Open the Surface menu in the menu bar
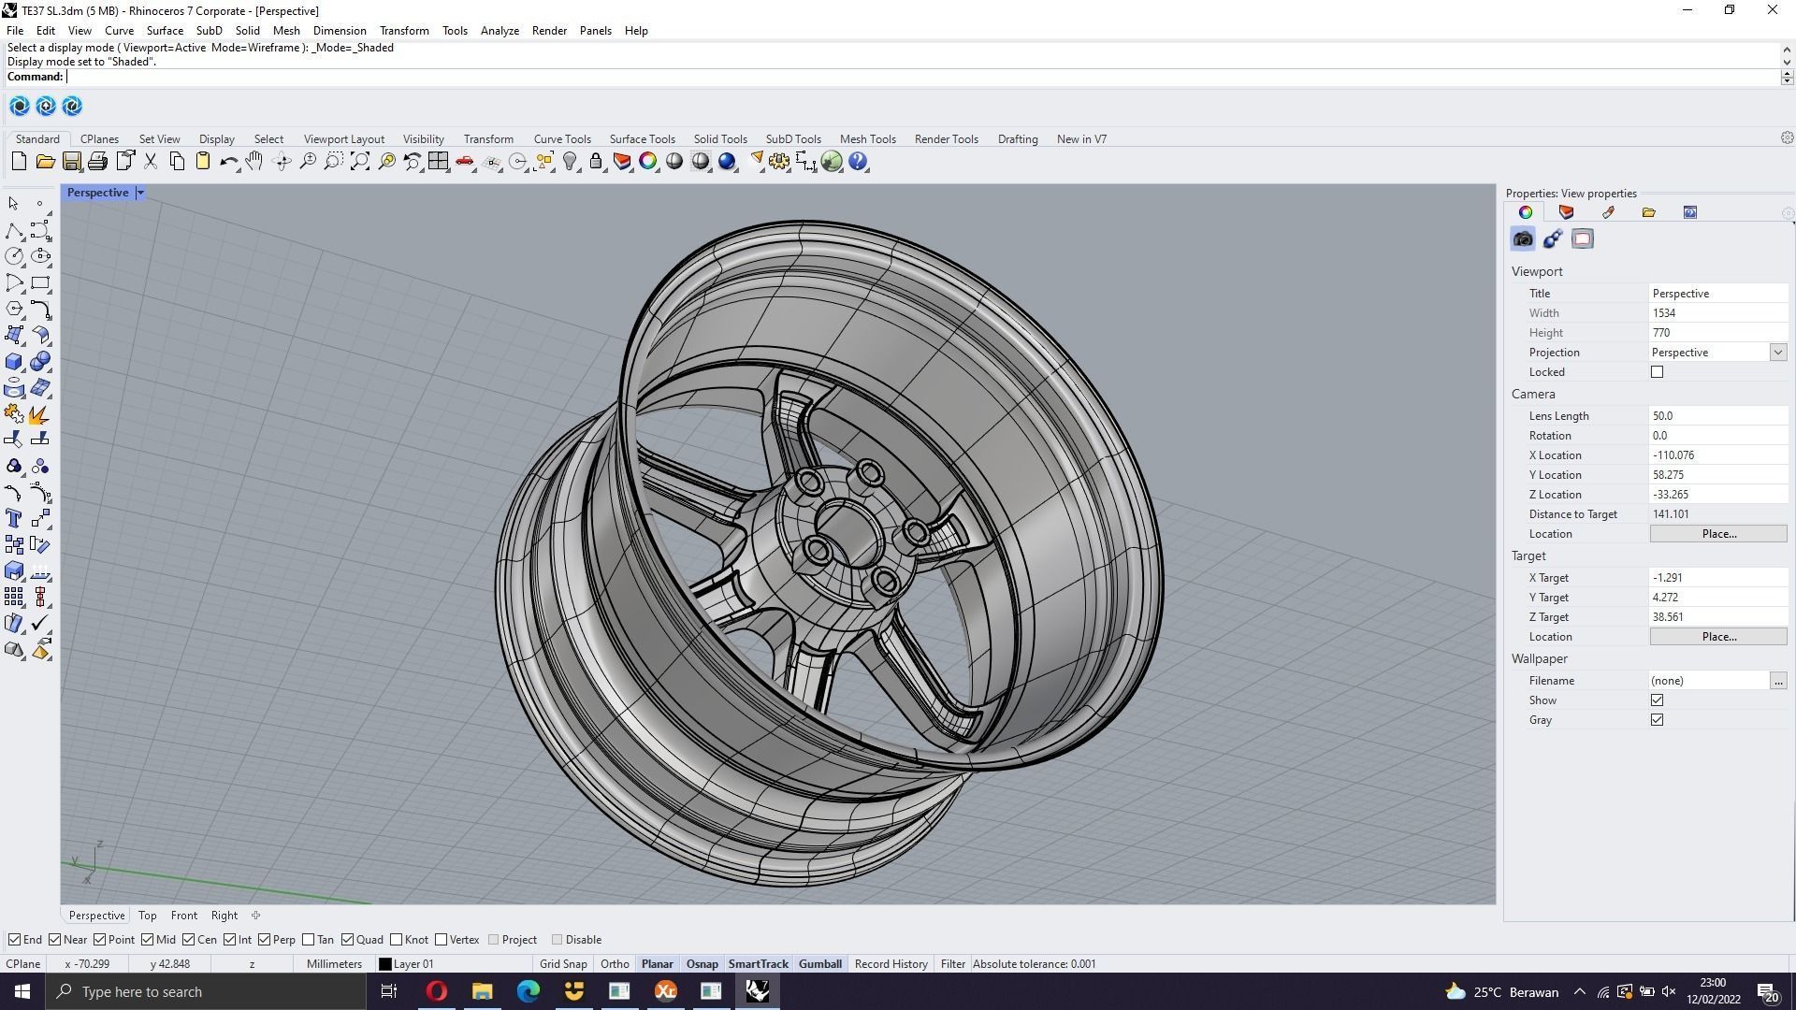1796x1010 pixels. click(165, 31)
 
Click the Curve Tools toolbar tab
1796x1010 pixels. click(562, 139)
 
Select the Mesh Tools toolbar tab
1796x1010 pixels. click(867, 139)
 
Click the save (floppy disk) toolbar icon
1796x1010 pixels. click(71, 162)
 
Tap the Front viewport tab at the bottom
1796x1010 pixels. click(183, 916)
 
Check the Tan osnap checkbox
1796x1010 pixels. click(309, 940)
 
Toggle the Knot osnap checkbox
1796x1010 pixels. click(397, 940)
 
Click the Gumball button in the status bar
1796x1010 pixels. click(819, 964)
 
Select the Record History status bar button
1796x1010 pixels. click(891, 964)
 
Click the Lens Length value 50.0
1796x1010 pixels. click(1716, 416)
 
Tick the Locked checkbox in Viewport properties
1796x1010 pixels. click(1658, 372)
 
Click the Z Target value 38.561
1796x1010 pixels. click(1716, 617)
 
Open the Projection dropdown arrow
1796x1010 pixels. click(1777, 353)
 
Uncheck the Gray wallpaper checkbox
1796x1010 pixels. click(1658, 720)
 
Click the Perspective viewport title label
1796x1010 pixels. click(97, 193)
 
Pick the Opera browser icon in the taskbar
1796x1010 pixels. click(437, 991)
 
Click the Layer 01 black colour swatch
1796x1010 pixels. click(384, 964)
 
